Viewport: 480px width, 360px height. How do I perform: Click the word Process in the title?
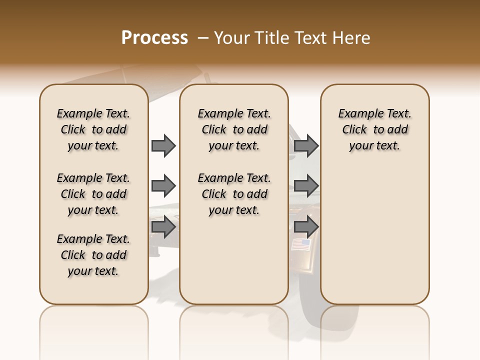click(x=154, y=38)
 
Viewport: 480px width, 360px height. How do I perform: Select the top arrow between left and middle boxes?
click(x=163, y=145)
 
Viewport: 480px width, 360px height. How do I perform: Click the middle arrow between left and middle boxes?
click(x=163, y=186)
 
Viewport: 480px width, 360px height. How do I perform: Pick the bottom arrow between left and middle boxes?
click(x=163, y=227)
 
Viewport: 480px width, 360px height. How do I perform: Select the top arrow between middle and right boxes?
click(x=306, y=145)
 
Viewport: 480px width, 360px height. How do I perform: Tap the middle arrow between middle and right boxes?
click(x=306, y=186)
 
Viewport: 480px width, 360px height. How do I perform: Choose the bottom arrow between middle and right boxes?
click(x=306, y=227)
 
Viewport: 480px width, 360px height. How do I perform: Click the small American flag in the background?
click(x=301, y=244)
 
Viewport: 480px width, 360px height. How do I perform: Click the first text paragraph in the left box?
click(x=93, y=129)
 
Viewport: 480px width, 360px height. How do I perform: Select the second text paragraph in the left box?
click(x=93, y=194)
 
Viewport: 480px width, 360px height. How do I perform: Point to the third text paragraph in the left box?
click(x=93, y=255)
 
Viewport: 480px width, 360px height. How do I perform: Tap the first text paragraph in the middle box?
click(x=234, y=129)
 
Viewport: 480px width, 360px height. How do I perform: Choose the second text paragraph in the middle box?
click(x=234, y=194)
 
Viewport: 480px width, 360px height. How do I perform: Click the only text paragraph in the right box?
click(x=374, y=129)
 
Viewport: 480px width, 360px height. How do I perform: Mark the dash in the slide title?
click(x=203, y=38)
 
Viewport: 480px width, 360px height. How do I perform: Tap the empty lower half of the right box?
click(x=374, y=240)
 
